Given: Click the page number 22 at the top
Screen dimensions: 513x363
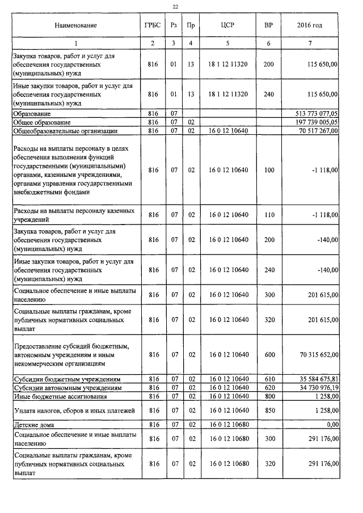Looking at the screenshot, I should pos(175,6).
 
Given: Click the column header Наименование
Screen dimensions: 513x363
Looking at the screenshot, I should pos(76,26).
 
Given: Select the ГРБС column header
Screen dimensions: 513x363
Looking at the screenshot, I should pos(153,26).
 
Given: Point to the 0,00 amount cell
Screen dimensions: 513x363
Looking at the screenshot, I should pos(329,424).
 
